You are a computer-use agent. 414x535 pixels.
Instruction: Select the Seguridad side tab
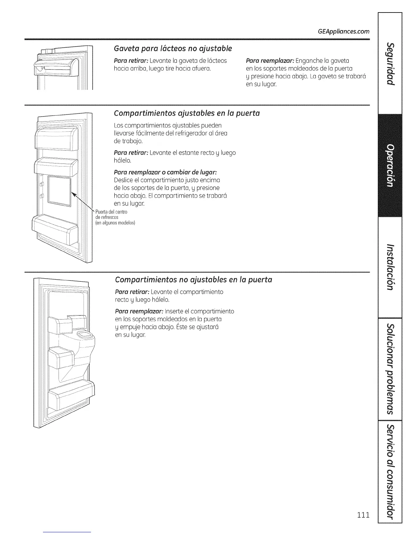click(x=391, y=64)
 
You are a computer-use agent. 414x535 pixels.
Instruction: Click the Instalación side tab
click(x=391, y=266)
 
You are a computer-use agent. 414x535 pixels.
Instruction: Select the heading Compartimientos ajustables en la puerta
click(x=187, y=113)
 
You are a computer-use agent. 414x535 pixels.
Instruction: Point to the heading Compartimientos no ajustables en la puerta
click(x=193, y=280)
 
